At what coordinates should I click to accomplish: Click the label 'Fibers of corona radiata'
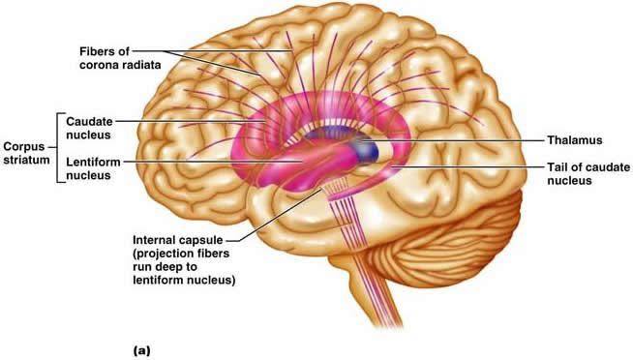[120, 58]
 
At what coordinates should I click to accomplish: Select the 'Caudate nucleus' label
[89, 128]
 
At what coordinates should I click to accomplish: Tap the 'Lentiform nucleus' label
[93, 168]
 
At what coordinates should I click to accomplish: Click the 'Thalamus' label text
[575, 140]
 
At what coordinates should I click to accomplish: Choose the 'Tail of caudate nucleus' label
[588, 174]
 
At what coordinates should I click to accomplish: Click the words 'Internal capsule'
[178, 240]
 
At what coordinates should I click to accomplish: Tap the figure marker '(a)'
[141, 350]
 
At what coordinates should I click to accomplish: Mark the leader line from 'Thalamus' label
[452, 140]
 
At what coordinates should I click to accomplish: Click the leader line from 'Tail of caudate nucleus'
[468, 166]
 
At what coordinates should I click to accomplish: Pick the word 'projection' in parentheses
[163, 254]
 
